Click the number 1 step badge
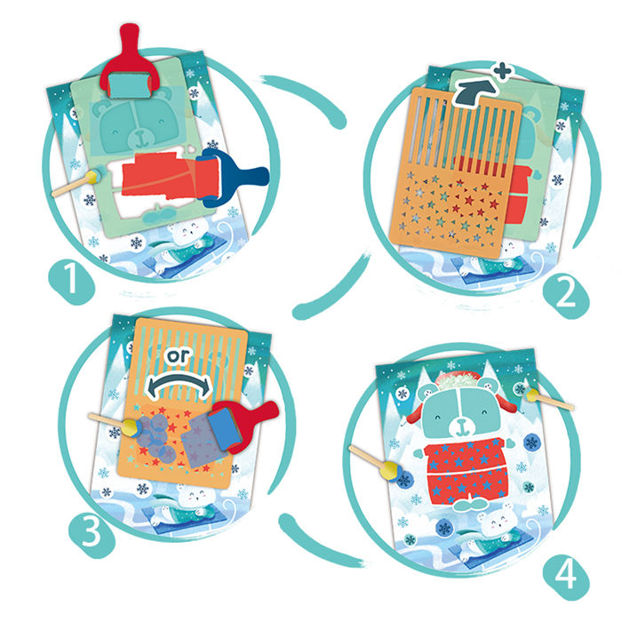71,282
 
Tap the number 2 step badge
566,294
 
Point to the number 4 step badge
566,577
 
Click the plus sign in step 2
503,72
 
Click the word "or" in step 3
178,355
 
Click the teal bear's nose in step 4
461,422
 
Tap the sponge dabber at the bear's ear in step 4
549,400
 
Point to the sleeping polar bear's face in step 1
188,233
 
